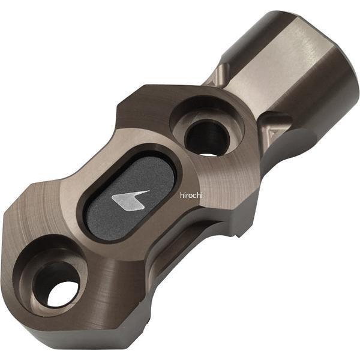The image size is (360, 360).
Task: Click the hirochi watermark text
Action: [x=191, y=196]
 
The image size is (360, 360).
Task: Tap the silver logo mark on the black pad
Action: [x=130, y=200]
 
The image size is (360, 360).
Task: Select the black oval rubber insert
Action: [x=130, y=197]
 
